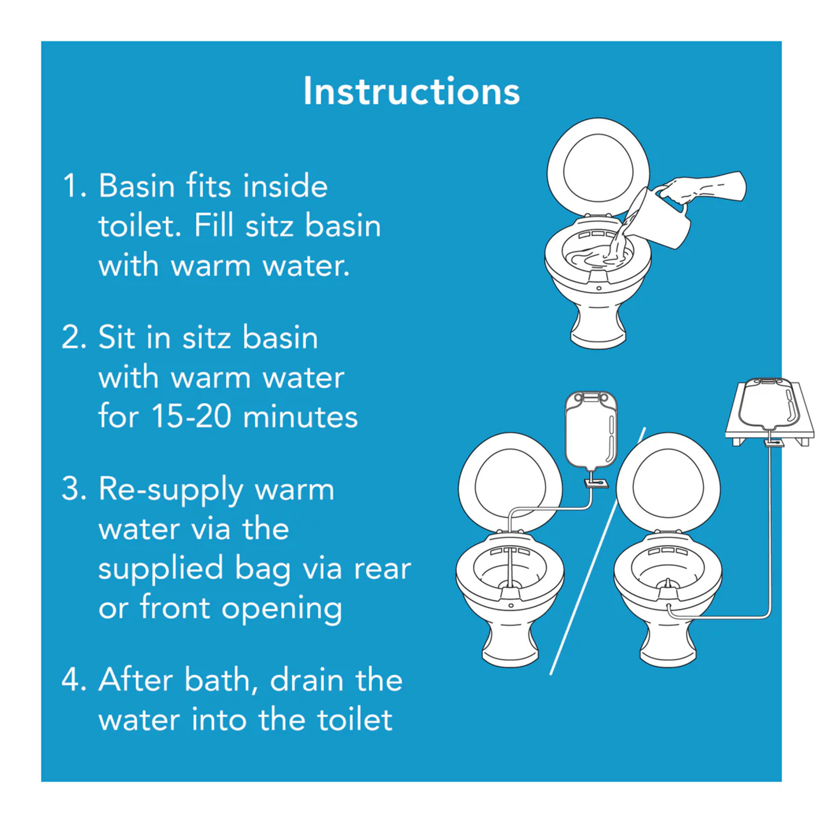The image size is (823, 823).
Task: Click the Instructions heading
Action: tap(411, 91)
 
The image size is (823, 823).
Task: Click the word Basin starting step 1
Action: tap(136, 186)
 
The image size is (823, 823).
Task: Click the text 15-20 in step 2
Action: tap(191, 416)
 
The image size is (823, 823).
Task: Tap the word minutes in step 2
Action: tap(300, 416)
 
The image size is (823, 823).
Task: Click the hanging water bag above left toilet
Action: tap(591, 430)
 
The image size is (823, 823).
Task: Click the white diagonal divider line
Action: tap(596, 554)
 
